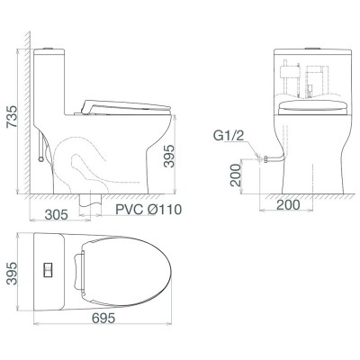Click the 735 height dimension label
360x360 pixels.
(x=13, y=117)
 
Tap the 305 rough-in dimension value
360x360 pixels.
(x=57, y=214)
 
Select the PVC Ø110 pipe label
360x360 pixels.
(x=148, y=210)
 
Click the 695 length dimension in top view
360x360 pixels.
(x=103, y=318)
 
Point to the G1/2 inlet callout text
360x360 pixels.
(x=229, y=136)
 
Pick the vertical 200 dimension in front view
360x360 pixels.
(x=237, y=175)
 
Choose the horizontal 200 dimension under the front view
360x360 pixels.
(x=288, y=205)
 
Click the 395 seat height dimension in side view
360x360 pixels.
(x=168, y=156)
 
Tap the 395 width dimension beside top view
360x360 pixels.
(x=13, y=274)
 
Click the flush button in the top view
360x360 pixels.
(x=48, y=270)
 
